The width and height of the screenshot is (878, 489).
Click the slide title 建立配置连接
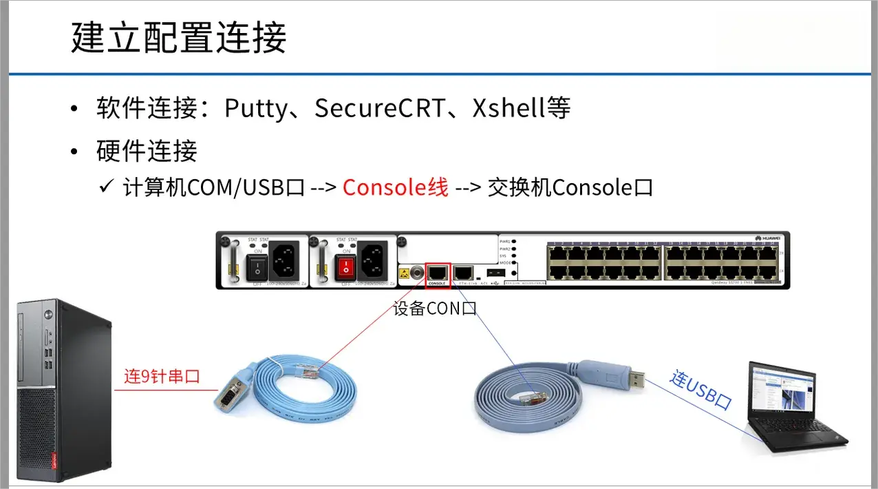[178, 38]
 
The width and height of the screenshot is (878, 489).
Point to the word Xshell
[507, 109]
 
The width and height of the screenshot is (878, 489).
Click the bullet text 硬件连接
[147, 151]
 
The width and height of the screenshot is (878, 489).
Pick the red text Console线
[395, 187]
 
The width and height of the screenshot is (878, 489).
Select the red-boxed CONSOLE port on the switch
[438, 271]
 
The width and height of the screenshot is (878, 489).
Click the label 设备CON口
[434, 309]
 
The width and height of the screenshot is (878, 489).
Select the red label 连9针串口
[161, 377]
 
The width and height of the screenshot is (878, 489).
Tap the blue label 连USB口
[700, 389]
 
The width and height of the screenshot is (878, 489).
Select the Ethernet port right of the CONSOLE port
[464, 271]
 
